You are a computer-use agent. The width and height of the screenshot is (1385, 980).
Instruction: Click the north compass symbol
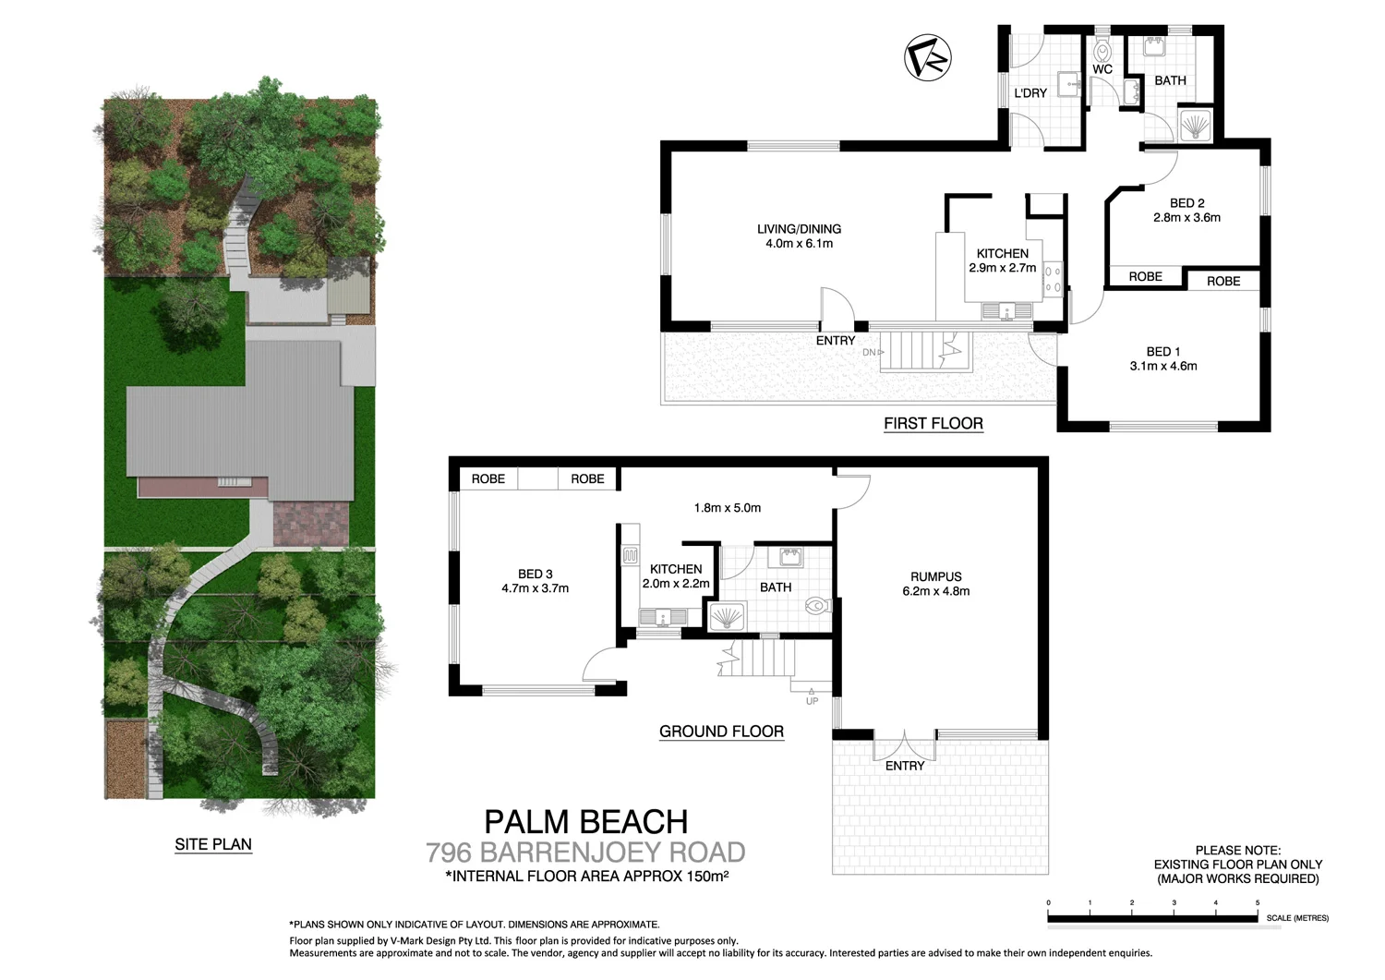tap(927, 57)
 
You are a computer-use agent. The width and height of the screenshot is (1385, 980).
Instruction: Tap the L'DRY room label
tap(1030, 93)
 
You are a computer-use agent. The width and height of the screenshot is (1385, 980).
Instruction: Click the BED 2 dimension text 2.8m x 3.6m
tap(1186, 218)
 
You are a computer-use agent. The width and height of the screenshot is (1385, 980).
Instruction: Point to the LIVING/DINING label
tap(799, 229)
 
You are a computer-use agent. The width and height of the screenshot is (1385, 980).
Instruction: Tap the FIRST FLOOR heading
tap(933, 423)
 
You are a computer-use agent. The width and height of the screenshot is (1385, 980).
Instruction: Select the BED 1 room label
tap(1163, 352)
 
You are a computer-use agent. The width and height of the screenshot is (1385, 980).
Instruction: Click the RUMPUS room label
tap(935, 576)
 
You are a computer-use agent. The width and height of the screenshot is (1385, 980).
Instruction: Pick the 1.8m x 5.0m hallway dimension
tap(727, 507)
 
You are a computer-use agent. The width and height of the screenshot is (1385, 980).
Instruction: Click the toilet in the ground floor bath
tap(817, 606)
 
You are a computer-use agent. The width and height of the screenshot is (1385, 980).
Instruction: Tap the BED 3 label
tap(535, 574)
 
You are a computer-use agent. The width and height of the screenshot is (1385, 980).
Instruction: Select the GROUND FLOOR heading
tap(721, 732)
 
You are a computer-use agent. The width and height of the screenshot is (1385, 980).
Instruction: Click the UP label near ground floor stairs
tap(812, 701)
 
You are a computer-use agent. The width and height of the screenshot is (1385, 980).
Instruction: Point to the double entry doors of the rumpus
tap(905, 746)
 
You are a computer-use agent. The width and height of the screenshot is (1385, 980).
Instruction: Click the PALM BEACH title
tap(585, 821)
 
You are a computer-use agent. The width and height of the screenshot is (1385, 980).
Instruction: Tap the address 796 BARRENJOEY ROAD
tap(585, 852)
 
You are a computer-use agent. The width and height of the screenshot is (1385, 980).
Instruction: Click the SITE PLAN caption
tap(213, 844)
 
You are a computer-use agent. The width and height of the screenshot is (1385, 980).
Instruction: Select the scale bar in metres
tap(1152, 917)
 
